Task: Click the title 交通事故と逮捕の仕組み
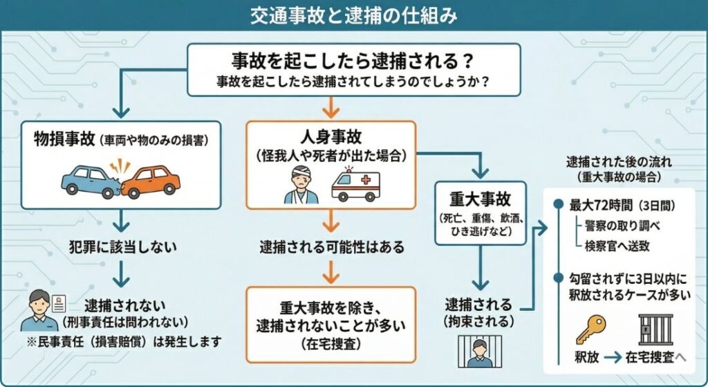tap(353, 14)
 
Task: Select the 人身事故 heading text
tap(330, 136)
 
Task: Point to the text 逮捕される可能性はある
tap(331, 246)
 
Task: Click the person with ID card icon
tap(44, 311)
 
